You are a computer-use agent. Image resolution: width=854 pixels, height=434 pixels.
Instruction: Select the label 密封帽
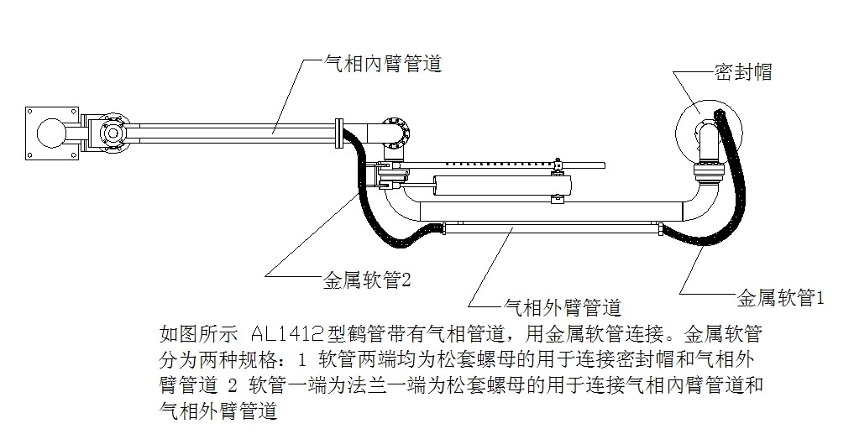pos(742,72)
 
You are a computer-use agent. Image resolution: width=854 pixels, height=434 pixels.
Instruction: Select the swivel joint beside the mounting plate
pos(108,133)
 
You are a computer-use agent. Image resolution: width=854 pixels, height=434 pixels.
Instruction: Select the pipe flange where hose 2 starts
pos(339,133)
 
